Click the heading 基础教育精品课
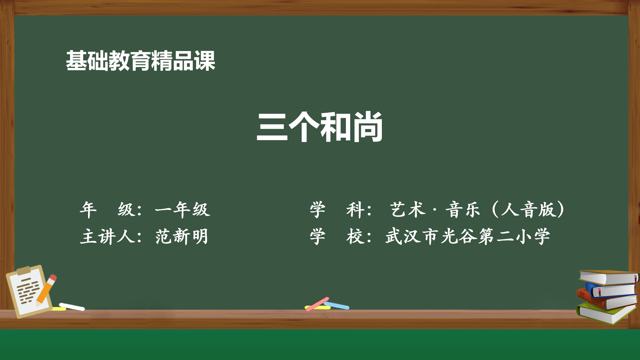click(140, 61)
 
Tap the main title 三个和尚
click(319, 127)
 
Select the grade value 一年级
click(182, 210)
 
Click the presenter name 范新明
click(182, 237)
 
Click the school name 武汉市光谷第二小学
click(468, 237)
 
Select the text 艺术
click(408, 210)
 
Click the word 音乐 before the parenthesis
click(463, 210)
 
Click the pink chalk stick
click(317, 304)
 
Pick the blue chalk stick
click(337, 305)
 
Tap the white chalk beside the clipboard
click(72, 307)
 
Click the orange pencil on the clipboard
click(46, 290)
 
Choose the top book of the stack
click(608, 277)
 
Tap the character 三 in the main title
click(272, 127)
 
